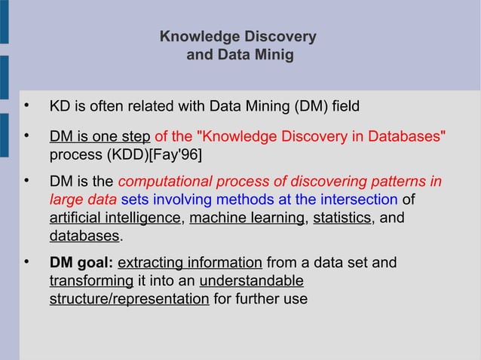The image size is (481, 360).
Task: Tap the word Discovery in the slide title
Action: [x=280, y=37]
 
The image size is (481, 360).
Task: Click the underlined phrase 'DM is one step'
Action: [x=100, y=137]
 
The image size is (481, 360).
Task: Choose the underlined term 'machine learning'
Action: [x=247, y=218]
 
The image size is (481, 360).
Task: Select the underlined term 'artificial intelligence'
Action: [x=115, y=218]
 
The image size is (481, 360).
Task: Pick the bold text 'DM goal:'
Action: [x=81, y=263]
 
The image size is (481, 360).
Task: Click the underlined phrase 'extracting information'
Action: [x=190, y=263]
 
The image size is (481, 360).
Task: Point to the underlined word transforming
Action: [x=91, y=281]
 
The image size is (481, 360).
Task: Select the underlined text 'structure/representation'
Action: [x=129, y=299]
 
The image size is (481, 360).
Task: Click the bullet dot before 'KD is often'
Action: [x=26, y=105]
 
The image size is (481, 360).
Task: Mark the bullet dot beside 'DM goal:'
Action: [x=26, y=262]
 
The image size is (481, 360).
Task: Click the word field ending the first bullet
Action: [x=345, y=106]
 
